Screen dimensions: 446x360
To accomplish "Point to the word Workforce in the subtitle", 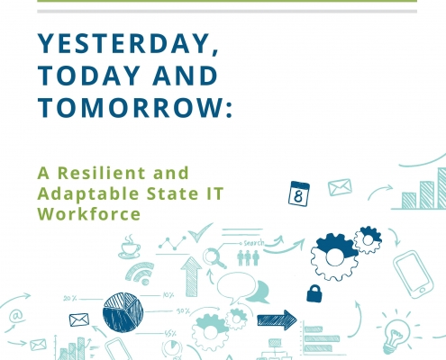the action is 89,213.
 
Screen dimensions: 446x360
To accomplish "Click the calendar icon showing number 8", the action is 299,193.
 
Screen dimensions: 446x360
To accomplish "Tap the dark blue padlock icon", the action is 314,293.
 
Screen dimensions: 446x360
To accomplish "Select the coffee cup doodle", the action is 130,247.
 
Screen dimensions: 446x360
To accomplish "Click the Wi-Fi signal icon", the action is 140,274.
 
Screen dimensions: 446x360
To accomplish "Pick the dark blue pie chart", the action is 123,312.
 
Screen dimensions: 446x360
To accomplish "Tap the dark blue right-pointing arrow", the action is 277,320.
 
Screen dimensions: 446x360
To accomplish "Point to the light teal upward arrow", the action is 191,276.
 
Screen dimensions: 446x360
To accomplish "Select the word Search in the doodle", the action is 254,243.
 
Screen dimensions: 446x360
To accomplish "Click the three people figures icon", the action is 248,257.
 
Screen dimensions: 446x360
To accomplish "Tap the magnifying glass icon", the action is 214,257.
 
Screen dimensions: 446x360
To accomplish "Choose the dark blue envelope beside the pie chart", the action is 79,319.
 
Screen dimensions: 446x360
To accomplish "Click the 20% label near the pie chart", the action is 70,299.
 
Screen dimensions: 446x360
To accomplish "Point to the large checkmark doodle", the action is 200,233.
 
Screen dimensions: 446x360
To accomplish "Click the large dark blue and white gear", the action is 334,256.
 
